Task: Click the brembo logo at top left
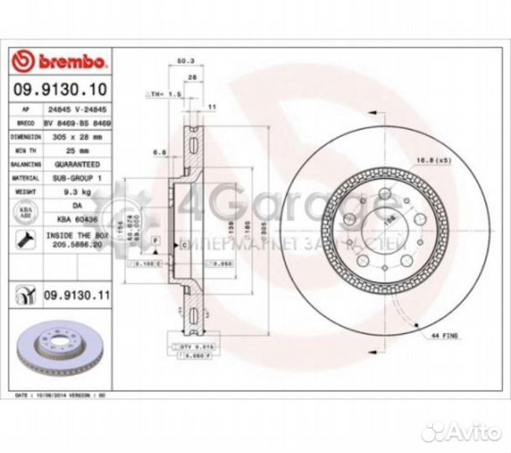(58, 60)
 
